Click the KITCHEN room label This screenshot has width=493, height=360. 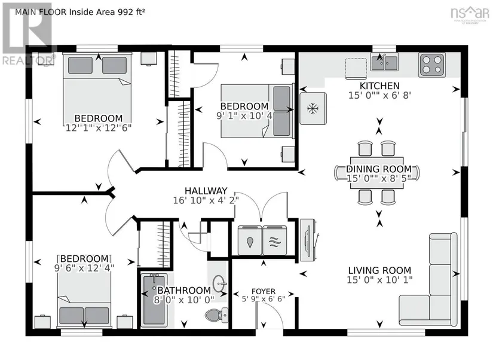pos(379,86)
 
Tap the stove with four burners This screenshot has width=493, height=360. pos(431,65)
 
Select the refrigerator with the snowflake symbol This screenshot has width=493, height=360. pos(313,108)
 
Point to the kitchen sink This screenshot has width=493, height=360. pos(384,62)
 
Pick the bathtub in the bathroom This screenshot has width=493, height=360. pos(154,300)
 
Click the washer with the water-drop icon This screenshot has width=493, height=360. pos(250,240)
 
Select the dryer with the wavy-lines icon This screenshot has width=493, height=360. pos(274,240)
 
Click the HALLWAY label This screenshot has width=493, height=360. pos(206,191)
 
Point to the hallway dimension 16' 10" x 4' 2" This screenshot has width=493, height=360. pos(206,200)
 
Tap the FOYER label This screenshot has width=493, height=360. pos(264,291)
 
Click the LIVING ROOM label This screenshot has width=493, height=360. pos(379,270)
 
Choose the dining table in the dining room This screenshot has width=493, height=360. pos(377,173)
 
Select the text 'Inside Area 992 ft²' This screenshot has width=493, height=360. pos(107,12)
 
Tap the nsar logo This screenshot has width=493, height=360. pos(470,13)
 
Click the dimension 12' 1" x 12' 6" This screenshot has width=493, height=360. pos(99,128)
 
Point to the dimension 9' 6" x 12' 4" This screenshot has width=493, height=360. pos(84,268)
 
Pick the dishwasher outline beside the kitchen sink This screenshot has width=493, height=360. pos(356,68)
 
